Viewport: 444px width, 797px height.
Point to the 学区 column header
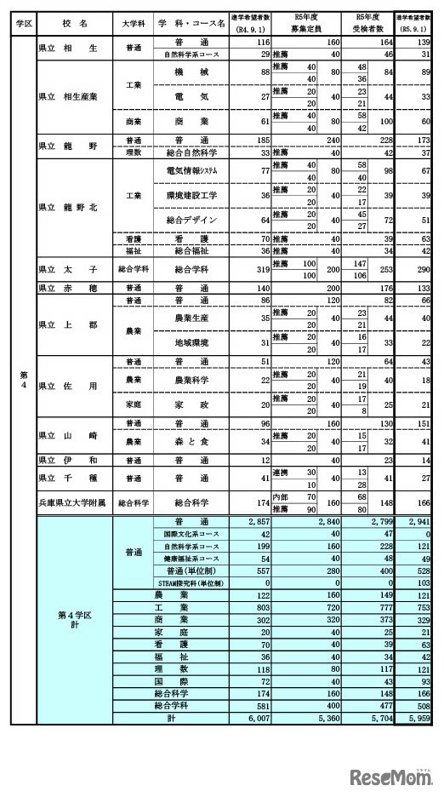(24, 23)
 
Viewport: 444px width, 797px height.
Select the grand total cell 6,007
(257, 718)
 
